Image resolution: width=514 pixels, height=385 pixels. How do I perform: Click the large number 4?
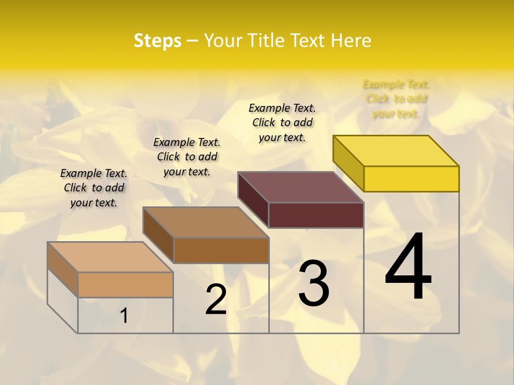coord(408,267)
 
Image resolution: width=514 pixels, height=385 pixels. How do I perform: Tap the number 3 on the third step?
coord(314,284)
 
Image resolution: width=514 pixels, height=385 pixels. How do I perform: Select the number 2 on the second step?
coord(216,299)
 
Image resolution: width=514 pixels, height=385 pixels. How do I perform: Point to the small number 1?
coord(124,316)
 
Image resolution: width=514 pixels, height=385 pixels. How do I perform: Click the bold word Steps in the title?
coord(157,41)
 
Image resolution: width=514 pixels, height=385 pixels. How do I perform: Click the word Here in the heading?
coord(351,41)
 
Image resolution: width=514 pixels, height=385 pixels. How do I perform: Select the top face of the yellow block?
coord(396,150)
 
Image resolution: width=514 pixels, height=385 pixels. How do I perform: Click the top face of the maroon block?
coord(301,187)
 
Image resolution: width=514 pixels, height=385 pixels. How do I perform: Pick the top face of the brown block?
coord(206,222)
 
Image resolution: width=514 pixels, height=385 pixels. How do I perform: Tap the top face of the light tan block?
coord(110,257)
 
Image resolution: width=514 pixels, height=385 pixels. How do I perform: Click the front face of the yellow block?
coord(411,179)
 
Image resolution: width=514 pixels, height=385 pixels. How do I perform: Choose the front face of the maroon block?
coord(316,215)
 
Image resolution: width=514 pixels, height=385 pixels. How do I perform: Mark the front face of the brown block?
coord(221,250)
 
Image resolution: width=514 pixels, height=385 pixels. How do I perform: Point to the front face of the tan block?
coord(125,284)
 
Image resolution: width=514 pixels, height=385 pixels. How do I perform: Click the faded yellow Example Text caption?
coord(396,98)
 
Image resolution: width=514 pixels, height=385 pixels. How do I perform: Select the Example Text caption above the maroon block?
coord(282,122)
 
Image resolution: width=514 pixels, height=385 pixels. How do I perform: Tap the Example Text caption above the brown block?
coord(187,157)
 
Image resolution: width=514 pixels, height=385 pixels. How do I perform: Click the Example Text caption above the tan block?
coord(94,188)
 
